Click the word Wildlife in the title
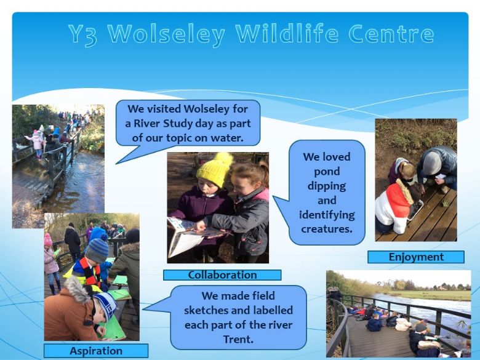(287, 33)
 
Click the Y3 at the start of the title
(83, 34)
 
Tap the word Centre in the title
(391, 33)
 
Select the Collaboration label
(222, 275)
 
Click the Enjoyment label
(416, 257)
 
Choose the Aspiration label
(96, 351)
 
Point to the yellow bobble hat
(215, 169)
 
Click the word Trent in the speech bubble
(238, 340)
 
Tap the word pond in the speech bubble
(327, 172)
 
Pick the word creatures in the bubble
(327, 229)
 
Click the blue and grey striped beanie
(97, 250)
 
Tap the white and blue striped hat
(105, 305)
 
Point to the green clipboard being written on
(113, 329)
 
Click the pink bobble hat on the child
(48, 240)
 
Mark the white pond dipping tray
(415, 210)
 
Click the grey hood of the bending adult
(432, 163)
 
